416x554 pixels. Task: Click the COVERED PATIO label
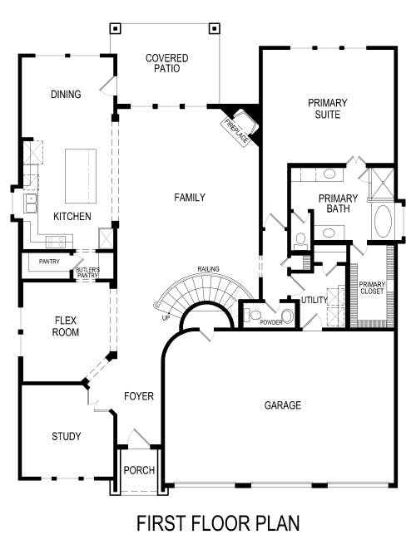click(166, 63)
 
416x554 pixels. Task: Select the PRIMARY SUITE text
click(328, 108)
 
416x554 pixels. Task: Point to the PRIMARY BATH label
click(338, 203)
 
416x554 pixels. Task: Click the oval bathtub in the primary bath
click(384, 223)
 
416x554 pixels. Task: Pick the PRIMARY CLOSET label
click(372, 287)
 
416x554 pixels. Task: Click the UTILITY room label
click(314, 300)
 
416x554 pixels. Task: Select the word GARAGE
click(283, 405)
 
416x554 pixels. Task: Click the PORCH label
click(139, 470)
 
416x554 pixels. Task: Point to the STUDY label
click(66, 436)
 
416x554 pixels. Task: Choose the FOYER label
click(139, 396)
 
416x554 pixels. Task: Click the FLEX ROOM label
click(67, 326)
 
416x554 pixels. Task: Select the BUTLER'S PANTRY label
click(87, 272)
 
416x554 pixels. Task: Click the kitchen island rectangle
click(81, 176)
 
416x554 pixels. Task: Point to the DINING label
click(65, 95)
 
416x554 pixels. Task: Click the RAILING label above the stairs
click(208, 269)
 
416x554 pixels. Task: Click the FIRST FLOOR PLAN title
click(217, 523)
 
